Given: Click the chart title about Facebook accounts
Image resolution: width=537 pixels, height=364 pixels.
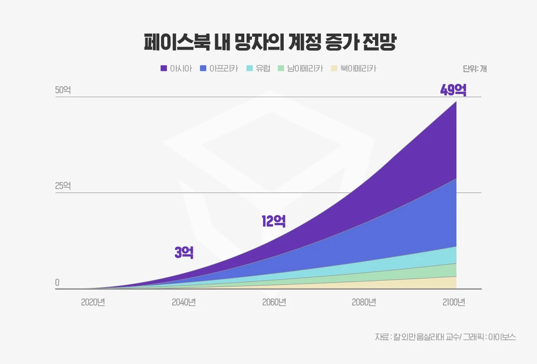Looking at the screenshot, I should coord(268,42).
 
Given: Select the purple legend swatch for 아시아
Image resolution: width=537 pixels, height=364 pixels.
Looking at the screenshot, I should coord(164,68).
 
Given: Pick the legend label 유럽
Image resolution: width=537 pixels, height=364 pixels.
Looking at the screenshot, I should coord(263,68).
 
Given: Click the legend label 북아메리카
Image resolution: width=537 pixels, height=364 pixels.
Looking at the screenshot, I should coord(358,68).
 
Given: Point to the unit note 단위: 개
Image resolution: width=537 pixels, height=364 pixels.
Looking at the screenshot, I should coord(475,69).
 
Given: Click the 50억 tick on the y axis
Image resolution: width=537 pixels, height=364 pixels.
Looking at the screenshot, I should coord(63,90).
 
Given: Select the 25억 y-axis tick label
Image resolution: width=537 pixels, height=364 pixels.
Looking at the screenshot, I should coord(63,186).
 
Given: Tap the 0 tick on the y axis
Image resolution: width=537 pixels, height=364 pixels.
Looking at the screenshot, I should coord(57,283).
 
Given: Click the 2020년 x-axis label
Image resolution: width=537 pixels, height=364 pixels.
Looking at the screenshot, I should coord(93,302).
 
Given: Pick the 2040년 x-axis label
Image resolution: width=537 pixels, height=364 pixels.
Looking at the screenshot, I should coord(184,302).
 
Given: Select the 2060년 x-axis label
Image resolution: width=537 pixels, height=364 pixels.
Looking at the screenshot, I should coord(274,302).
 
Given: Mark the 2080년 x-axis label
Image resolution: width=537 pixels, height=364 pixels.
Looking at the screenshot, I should coord(364,302).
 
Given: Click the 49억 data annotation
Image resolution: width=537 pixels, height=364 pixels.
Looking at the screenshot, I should coord(453,90).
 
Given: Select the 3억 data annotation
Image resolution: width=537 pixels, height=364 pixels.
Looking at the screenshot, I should coord(184,253).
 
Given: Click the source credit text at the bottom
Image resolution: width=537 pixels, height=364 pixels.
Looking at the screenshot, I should coord(445,337).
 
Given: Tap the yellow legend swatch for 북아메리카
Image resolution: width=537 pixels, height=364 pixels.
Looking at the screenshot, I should coord(334,68).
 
